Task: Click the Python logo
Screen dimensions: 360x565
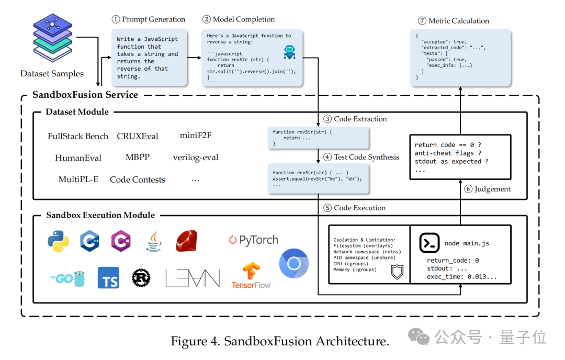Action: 58,241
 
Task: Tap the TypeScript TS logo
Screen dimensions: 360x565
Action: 108,278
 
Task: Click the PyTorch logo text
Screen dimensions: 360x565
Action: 253,240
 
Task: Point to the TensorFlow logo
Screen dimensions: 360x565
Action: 251,276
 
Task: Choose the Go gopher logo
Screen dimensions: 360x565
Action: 69,278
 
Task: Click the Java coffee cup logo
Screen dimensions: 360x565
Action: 154,241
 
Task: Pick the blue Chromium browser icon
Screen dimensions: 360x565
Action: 294,264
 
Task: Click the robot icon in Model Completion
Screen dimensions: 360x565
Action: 289,52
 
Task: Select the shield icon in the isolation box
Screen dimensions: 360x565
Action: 397,271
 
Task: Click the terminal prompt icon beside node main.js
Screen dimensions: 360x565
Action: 429,243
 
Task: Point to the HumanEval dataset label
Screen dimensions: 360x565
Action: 78,157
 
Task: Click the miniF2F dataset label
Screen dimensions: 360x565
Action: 195,136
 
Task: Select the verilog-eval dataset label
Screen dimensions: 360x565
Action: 196,157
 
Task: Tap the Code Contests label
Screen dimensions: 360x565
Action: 137,179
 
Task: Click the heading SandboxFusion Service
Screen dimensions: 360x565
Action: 85,95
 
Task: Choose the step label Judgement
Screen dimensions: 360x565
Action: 492,189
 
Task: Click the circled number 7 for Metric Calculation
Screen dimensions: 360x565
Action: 422,21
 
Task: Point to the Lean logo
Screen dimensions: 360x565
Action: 193,278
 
